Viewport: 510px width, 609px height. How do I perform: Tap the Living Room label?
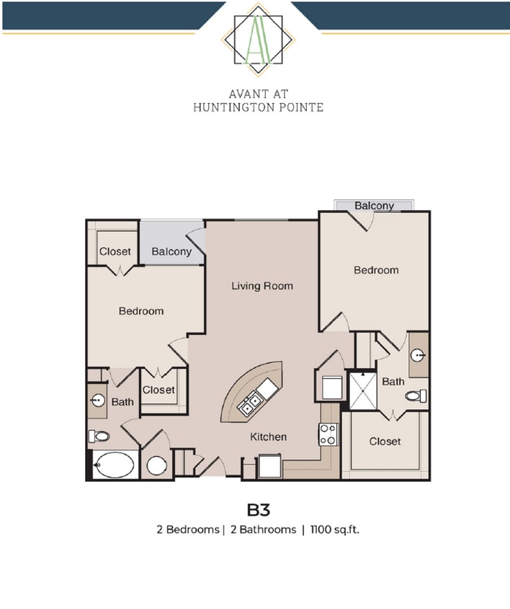click(262, 286)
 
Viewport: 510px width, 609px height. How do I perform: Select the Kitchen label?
click(269, 437)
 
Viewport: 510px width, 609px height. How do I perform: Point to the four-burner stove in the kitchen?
click(328, 434)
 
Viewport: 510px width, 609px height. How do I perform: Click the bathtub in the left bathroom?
click(115, 465)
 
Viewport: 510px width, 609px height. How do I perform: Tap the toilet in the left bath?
click(99, 436)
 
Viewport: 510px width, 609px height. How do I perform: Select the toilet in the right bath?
click(416, 396)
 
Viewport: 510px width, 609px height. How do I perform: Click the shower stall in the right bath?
click(363, 390)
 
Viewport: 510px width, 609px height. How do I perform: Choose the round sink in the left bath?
click(98, 400)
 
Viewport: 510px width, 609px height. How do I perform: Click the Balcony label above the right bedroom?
click(375, 206)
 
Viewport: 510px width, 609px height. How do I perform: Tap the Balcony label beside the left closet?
click(171, 252)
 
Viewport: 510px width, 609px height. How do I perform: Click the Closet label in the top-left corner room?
click(115, 251)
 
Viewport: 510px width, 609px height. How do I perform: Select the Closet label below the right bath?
click(385, 441)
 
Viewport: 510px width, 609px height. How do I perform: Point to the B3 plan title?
click(259, 510)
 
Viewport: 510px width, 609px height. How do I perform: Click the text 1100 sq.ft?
click(335, 530)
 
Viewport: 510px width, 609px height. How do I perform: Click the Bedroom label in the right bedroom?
click(376, 270)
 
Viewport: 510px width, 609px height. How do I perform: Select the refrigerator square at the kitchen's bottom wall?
click(270, 466)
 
